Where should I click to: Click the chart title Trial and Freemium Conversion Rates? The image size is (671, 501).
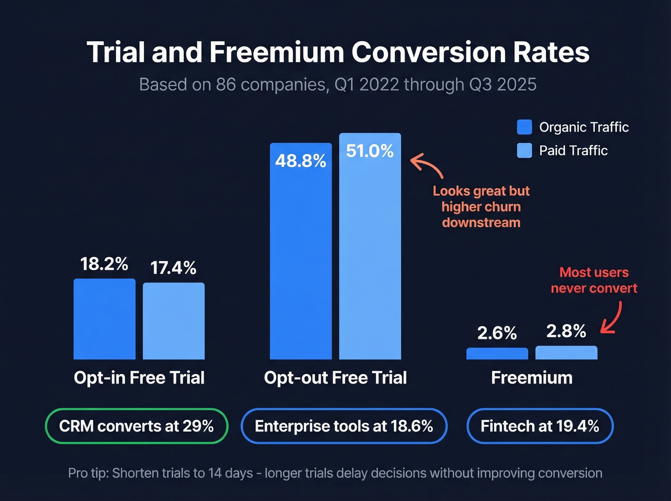(x=338, y=52)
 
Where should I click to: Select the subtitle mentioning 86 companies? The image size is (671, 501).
(x=338, y=84)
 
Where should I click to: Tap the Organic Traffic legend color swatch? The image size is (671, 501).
(x=524, y=127)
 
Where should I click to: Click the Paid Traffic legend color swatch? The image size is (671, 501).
(x=524, y=151)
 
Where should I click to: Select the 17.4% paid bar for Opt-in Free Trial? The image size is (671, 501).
(x=174, y=321)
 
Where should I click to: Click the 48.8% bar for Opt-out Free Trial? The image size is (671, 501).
(x=301, y=259)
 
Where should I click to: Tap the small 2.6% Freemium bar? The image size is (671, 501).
(x=497, y=354)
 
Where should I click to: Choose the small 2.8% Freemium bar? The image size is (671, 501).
(x=566, y=353)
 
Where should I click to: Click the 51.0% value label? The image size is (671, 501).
(x=370, y=151)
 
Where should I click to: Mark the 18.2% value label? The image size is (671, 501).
(x=104, y=264)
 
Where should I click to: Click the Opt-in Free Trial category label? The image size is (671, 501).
(x=139, y=378)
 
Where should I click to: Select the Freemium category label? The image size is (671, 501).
(x=532, y=378)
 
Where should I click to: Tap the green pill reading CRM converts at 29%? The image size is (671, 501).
(x=137, y=426)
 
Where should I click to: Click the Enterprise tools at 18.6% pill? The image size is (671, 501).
(x=344, y=426)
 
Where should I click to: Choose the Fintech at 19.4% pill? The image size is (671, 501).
(x=540, y=426)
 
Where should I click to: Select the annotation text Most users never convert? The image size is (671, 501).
(x=594, y=280)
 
